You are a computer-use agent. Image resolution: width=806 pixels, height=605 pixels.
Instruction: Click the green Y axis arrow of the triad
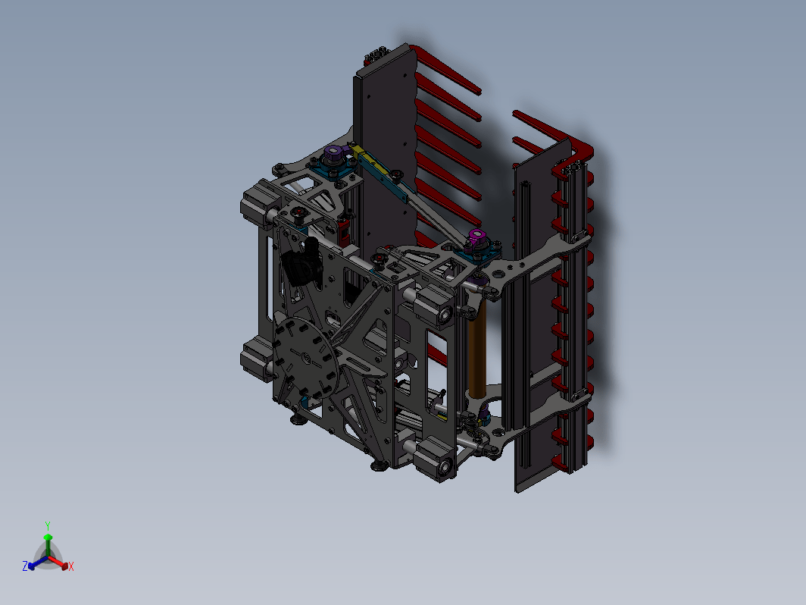pyautogui.click(x=48, y=544)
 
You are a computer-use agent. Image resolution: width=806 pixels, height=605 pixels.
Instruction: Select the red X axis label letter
pyautogui.click(x=71, y=566)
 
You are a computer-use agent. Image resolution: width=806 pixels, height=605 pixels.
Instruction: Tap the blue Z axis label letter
pyautogui.click(x=25, y=566)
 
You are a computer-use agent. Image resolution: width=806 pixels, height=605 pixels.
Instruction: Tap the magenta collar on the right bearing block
pyautogui.click(x=476, y=237)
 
